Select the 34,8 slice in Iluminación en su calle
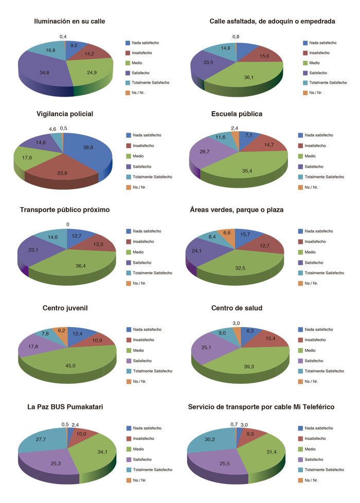pos(44,73)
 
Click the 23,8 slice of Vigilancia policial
pos(62,173)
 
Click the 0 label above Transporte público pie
pos(67,224)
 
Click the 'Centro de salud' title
pos(237,308)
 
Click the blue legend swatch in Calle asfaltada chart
pos(305,43)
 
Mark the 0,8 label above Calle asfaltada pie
pos(236,37)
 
